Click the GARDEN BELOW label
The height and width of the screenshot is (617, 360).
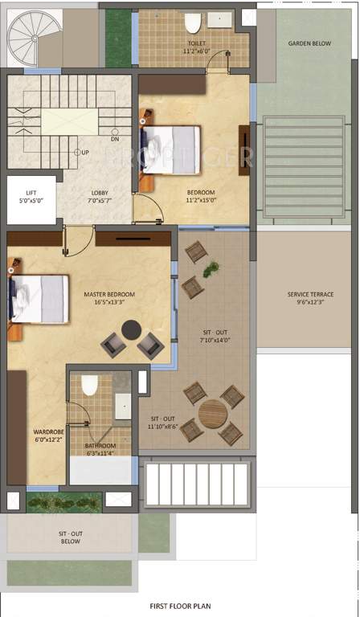point(309,43)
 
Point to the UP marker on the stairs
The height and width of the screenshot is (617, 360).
point(83,152)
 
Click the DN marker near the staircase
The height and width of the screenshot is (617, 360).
point(115,139)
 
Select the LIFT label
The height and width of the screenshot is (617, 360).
point(31,193)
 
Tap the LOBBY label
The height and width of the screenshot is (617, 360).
point(100,193)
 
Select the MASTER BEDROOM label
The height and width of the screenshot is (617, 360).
point(109,294)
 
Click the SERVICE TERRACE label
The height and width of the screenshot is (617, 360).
point(310,294)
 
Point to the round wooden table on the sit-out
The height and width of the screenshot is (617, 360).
point(212,413)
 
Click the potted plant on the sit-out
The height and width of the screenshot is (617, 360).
point(211,270)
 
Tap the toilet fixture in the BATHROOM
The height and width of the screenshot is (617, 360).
point(89,386)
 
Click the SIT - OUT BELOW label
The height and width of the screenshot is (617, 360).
point(70,537)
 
